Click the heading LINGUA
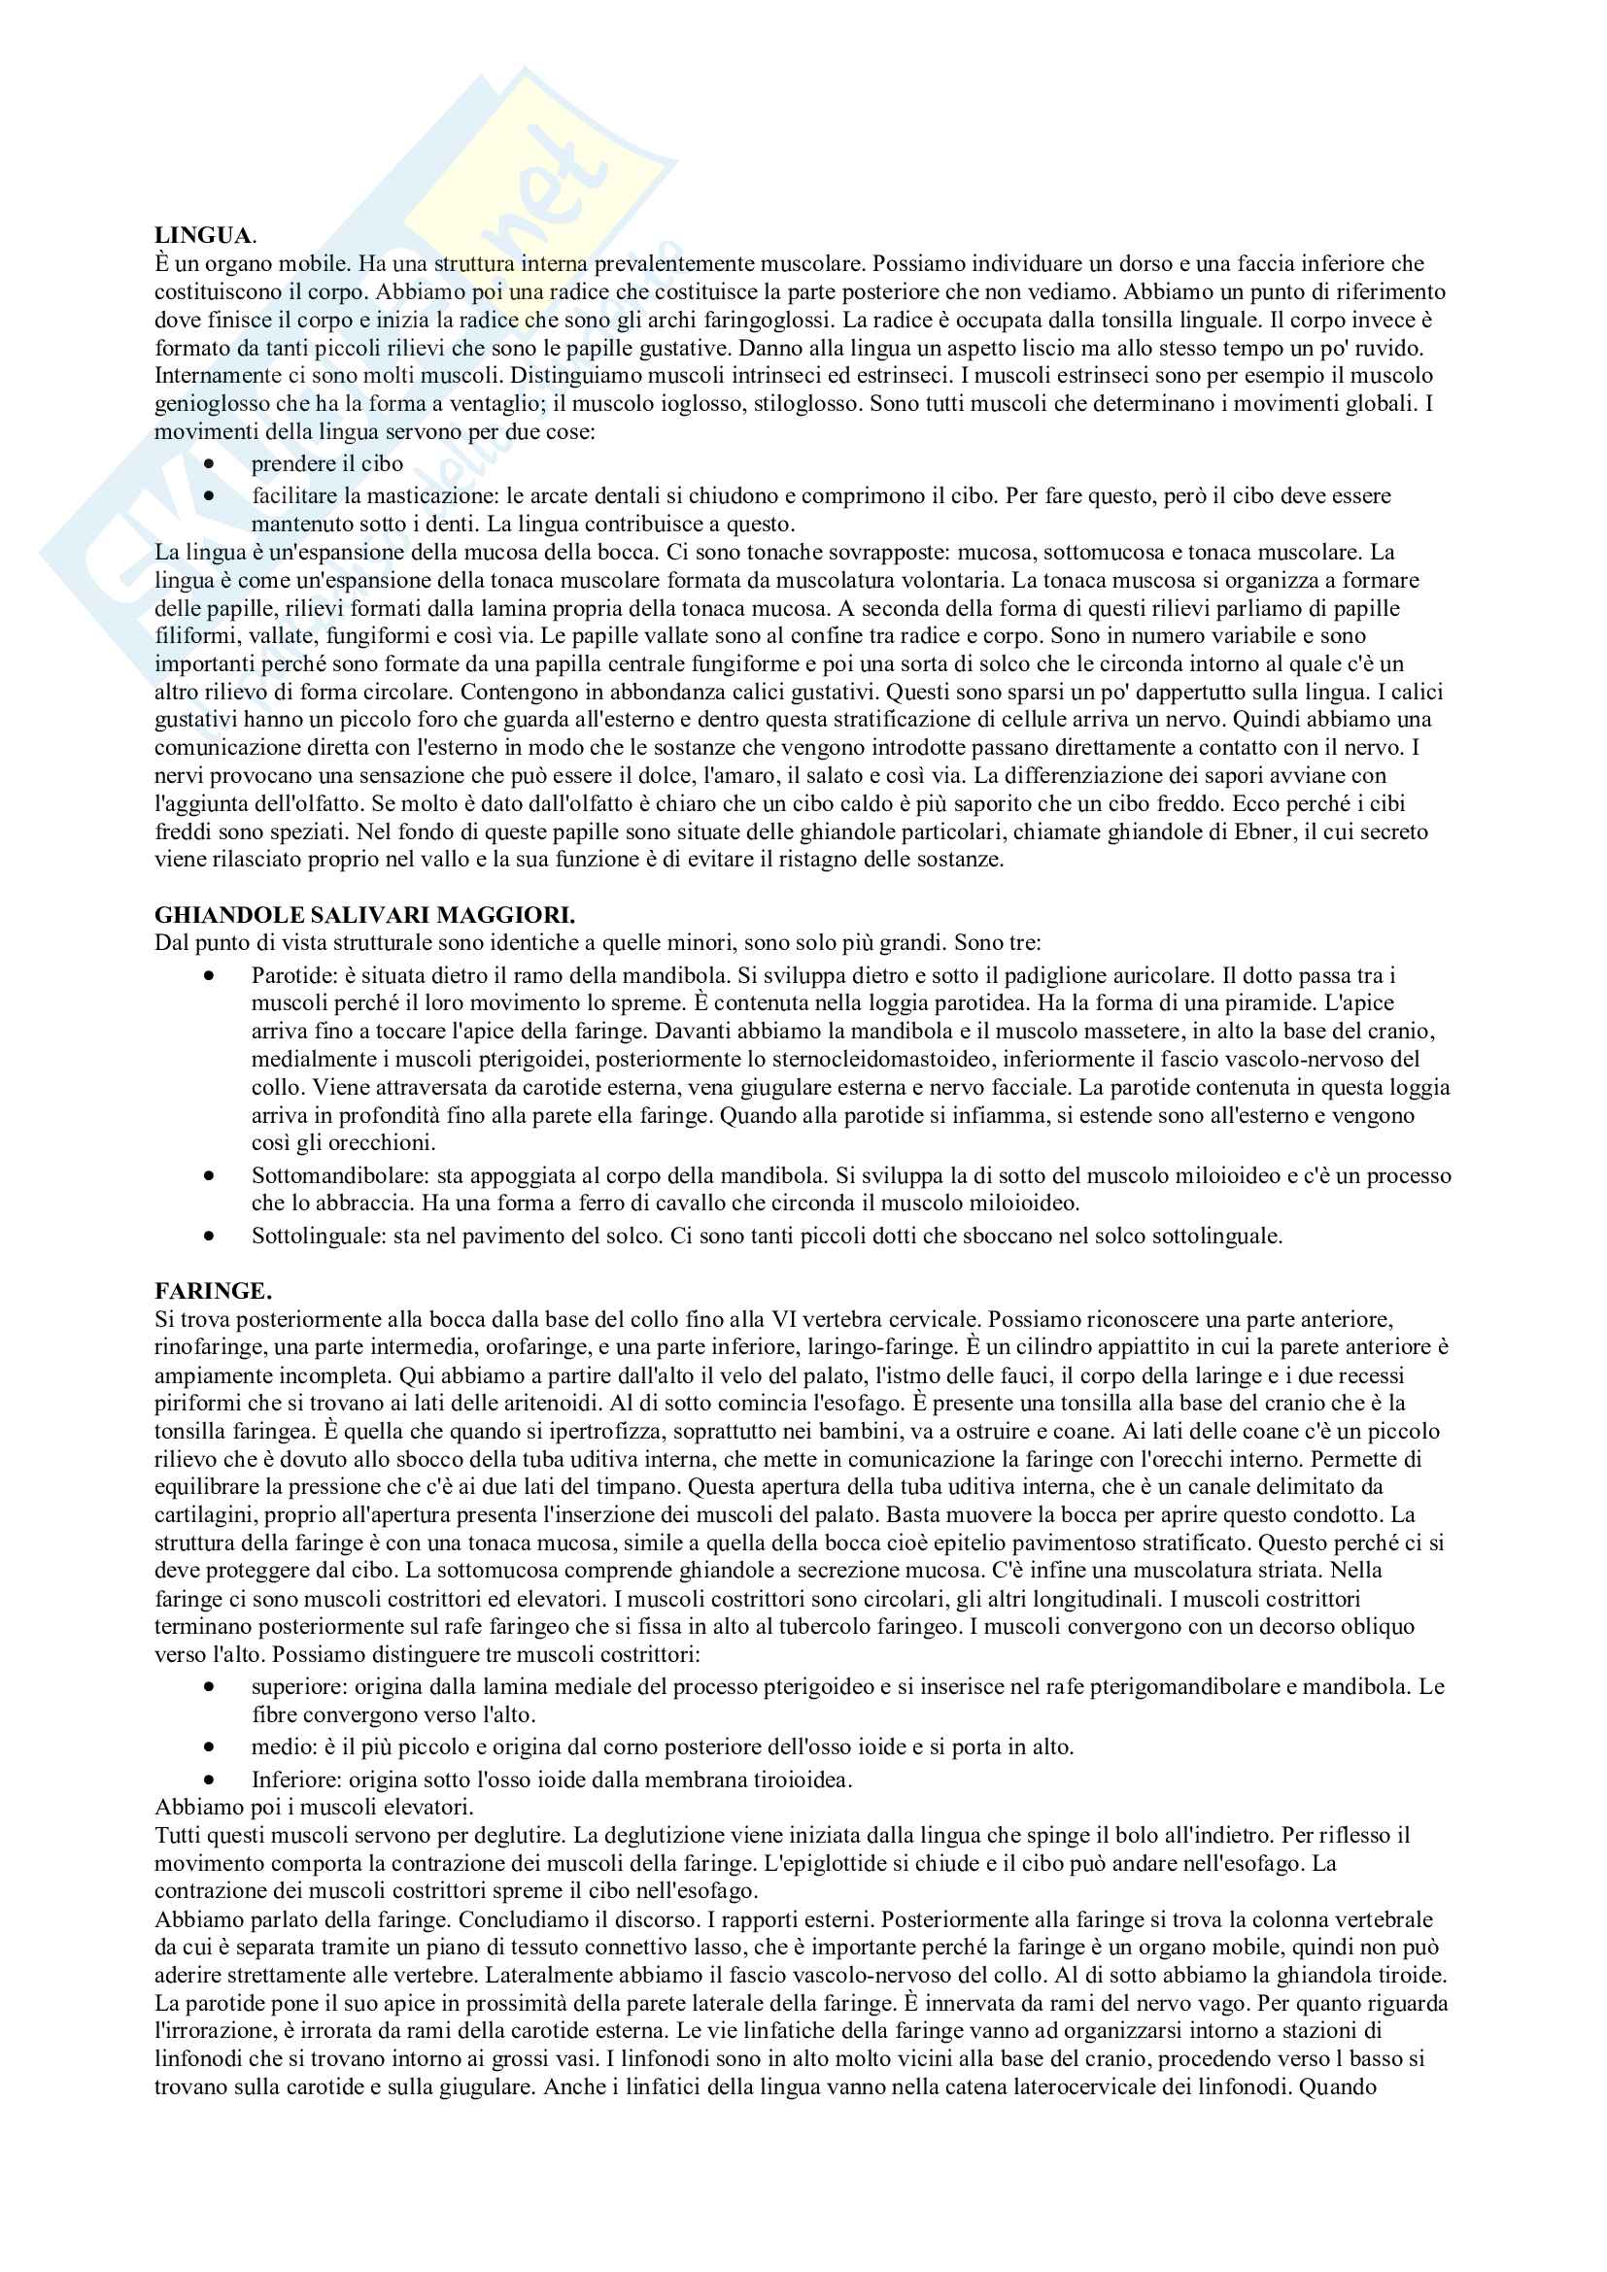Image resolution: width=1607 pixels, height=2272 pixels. pyautogui.click(x=203, y=235)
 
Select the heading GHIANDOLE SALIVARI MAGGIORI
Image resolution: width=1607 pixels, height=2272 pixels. pyautogui.click(x=364, y=914)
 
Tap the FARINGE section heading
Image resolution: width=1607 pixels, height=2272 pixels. pyautogui.click(x=213, y=1291)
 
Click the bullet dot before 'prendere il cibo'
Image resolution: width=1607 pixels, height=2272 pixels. pyautogui.click(x=209, y=464)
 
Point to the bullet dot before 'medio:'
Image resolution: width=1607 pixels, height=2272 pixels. pyautogui.click(x=209, y=1747)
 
